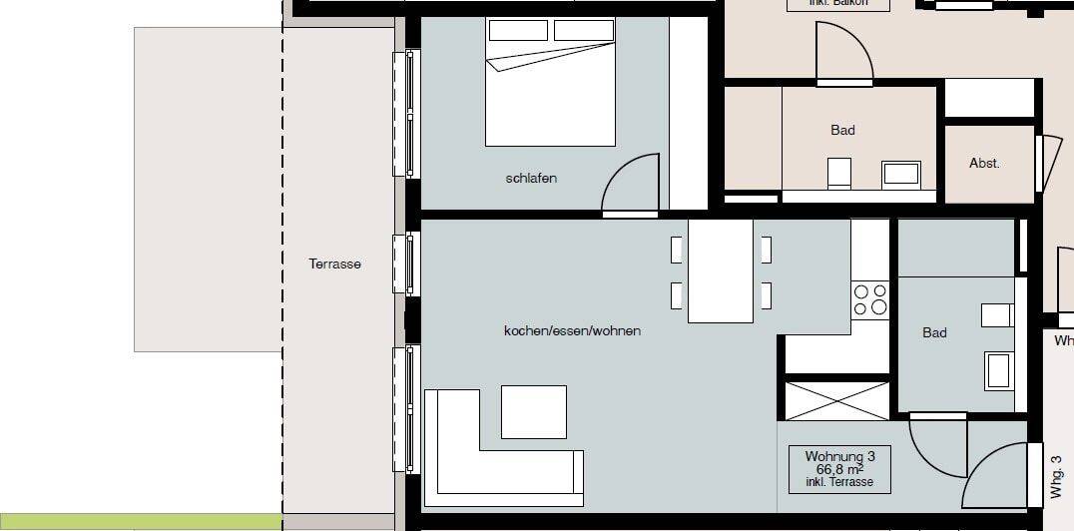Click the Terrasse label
coord(334,265)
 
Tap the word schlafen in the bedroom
coord(531,179)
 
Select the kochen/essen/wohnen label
coord(572,330)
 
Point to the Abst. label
coord(984,163)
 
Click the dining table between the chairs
coord(721,270)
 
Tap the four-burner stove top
coord(869,300)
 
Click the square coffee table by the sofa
coord(533,411)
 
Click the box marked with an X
coord(836,400)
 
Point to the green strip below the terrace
coord(140,521)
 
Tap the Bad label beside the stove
coord(934,332)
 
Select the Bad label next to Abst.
coord(842,130)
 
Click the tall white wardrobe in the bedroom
coord(688,113)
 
